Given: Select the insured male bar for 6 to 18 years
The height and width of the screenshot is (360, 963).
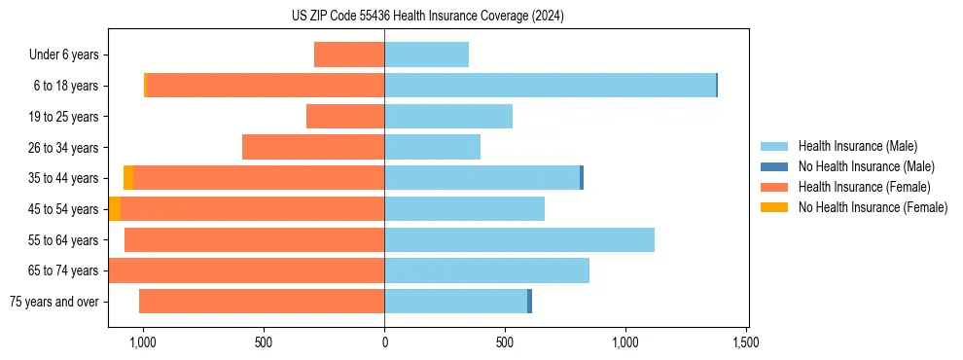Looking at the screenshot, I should coord(550,86).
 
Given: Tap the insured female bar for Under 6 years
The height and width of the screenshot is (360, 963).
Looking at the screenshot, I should coord(349,54).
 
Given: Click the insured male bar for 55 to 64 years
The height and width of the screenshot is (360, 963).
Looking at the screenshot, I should coord(519,239).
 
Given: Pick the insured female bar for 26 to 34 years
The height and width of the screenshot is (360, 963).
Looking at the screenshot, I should coord(313,147).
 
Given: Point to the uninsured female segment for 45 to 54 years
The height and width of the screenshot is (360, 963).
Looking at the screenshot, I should coord(115,209).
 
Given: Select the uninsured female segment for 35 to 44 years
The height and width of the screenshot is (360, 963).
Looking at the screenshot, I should coord(128,178).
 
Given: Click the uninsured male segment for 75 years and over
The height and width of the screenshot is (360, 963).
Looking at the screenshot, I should coord(529,302).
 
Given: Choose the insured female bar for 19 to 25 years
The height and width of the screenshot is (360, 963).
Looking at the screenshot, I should coord(345,117).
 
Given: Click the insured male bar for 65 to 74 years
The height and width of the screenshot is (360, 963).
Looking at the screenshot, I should coord(486,270).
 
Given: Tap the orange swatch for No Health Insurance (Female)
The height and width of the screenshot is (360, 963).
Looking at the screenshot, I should coord(774,207).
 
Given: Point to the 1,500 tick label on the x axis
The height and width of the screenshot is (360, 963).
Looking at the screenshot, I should coord(746,342).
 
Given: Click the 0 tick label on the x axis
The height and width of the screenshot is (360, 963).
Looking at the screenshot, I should coord(384,342).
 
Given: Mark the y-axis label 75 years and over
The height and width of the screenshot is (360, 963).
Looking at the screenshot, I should coord(54,302).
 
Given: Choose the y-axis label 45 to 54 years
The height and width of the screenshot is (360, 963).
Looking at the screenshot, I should coord(64,209).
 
